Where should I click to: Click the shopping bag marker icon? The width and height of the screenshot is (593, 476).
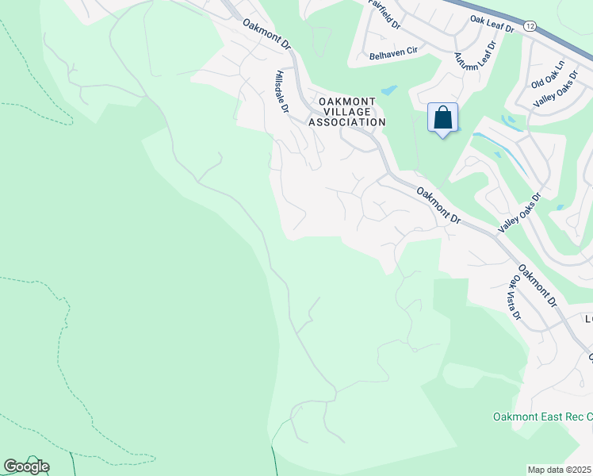pyautogui.click(x=442, y=119)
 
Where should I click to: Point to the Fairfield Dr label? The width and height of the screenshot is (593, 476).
pyautogui.click(x=386, y=14)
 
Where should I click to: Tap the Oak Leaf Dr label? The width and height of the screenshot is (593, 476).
pyautogui.click(x=492, y=24)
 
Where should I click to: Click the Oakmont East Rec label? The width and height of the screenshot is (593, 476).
pyautogui.click(x=542, y=416)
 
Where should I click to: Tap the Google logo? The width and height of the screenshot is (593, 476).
pyautogui.click(x=26, y=466)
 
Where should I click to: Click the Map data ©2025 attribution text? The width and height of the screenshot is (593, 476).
pyautogui.click(x=560, y=470)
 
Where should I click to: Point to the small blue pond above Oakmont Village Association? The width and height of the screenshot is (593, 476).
pyautogui.click(x=388, y=90)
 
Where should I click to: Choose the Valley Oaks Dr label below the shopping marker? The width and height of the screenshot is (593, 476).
pyautogui.click(x=519, y=213)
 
